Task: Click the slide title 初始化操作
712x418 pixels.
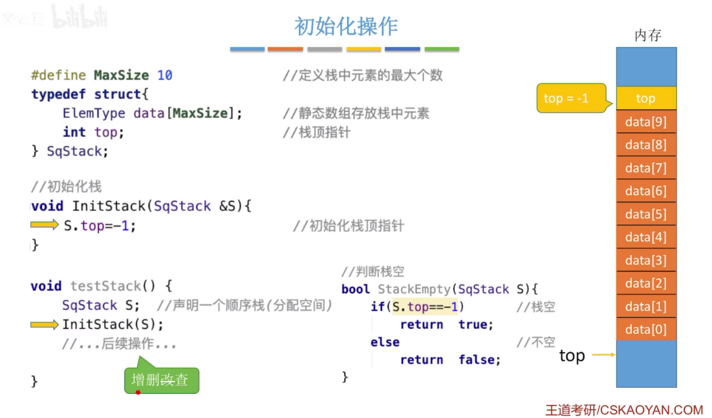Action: pos(346,26)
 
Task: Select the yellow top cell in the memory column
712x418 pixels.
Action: pos(646,98)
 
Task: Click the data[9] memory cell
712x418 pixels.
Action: pos(646,121)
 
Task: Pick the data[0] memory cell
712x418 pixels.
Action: pos(646,329)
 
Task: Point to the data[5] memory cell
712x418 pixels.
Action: pos(646,214)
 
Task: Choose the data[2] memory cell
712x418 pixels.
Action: pos(646,283)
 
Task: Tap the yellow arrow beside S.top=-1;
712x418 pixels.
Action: pos(44,225)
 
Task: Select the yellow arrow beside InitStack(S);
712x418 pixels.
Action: pos(44,324)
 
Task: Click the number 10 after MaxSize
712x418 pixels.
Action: pos(164,75)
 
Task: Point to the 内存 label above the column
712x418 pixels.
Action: pos(647,35)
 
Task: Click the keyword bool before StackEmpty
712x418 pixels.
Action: pos(355,289)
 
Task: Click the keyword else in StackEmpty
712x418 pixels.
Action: pos(385,342)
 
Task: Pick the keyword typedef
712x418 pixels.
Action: pos(59,94)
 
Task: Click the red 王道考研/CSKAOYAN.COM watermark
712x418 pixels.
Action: pos(624,410)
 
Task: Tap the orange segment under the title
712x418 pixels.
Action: pos(285,49)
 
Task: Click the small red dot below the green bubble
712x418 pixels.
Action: pos(138,392)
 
